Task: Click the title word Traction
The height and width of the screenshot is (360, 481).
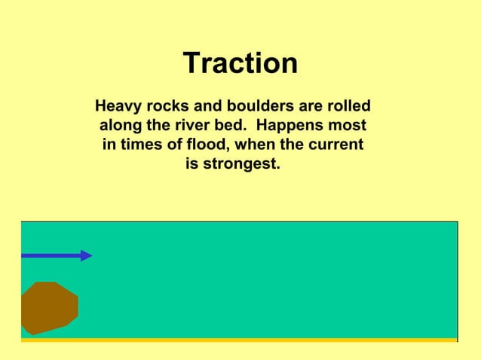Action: [240, 64]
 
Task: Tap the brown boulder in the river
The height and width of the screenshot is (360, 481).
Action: [49, 308]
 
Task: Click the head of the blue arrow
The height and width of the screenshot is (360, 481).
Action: [86, 255]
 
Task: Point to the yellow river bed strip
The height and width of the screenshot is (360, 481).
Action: [239, 340]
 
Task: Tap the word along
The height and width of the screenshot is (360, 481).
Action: [124, 125]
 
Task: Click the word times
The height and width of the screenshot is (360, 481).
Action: [137, 145]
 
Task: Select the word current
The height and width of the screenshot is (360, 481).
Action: [334, 145]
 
